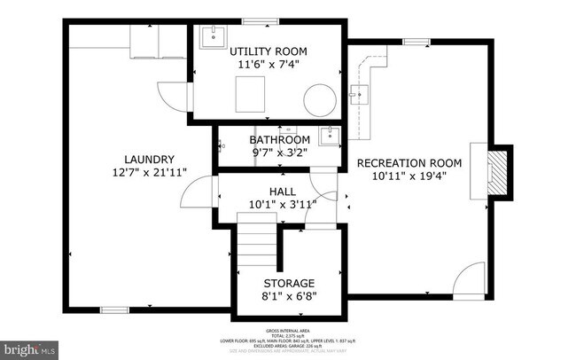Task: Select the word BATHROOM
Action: [279, 140]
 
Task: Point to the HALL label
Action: [282, 191]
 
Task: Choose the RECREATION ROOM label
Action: [409, 162]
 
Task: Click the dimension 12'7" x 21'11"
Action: [149, 172]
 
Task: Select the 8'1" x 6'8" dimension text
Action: [290, 295]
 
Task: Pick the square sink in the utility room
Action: [214, 38]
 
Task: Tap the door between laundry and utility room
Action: [174, 90]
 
